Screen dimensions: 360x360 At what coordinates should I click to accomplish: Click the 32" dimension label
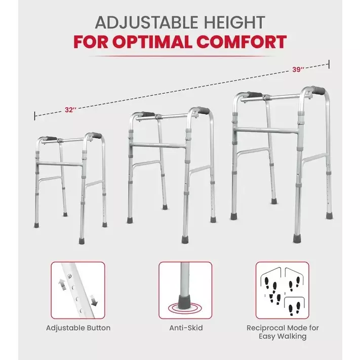[x=71, y=109]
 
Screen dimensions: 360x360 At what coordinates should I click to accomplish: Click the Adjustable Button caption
[x=78, y=328]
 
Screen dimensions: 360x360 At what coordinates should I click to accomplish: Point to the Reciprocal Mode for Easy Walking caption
[x=282, y=332]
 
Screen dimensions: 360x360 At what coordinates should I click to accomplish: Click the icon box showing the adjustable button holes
[x=78, y=290]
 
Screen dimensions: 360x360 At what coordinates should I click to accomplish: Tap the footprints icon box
[x=282, y=290]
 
